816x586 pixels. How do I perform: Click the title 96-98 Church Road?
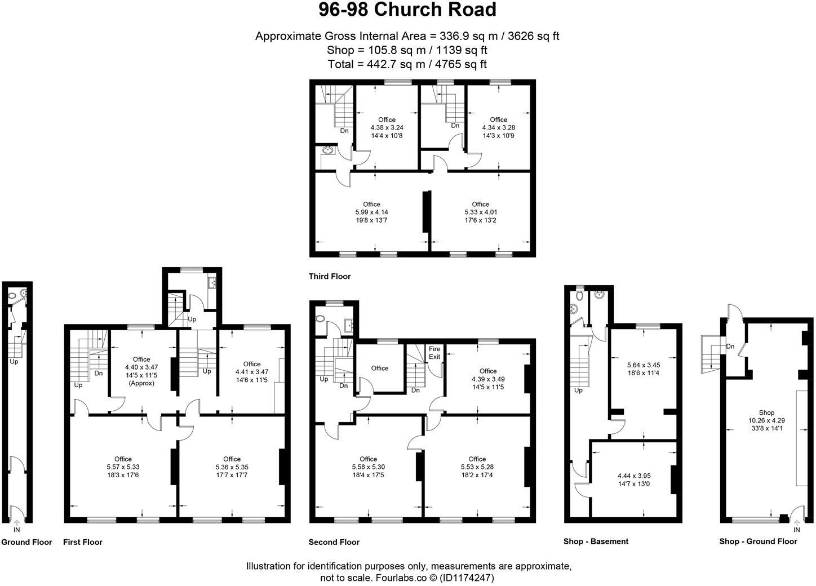point(407,10)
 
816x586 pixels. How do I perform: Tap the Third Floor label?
point(330,276)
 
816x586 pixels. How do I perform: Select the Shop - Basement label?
point(596,541)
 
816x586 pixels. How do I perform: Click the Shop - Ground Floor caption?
point(758,541)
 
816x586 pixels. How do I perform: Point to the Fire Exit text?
point(434,353)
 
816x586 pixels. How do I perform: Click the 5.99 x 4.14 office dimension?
point(371,212)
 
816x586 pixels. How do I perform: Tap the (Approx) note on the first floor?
point(141,383)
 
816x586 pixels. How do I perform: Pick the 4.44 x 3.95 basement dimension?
point(635,476)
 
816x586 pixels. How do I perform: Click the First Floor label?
point(83,542)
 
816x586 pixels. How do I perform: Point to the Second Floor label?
point(334,542)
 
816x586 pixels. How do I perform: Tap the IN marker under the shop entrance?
point(797,530)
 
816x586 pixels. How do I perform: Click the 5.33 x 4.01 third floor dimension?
point(481,212)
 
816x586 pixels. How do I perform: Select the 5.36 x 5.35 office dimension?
point(232,467)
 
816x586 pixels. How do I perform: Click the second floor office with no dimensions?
point(380,369)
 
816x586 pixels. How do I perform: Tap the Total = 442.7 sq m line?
point(407,64)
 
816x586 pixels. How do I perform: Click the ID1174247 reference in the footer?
point(468,578)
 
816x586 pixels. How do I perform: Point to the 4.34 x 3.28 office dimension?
point(498,128)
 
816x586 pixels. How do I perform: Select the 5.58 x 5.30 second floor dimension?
point(368,467)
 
